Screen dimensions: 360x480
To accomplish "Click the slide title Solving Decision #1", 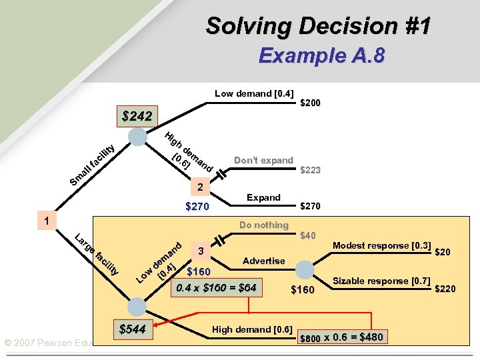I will pyautogui.click(x=318, y=26).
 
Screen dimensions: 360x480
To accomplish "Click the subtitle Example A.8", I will pyautogui.click(x=321, y=55).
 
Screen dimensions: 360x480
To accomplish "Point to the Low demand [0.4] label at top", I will pyautogui.click(x=254, y=93).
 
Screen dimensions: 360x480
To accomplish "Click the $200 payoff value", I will pyautogui.click(x=311, y=103).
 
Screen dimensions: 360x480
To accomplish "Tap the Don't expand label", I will pyautogui.click(x=263, y=160).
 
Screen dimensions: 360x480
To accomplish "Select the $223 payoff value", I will pyautogui.click(x=311, y=170).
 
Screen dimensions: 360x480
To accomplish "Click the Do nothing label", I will pyautogui.click(x=263, y=225).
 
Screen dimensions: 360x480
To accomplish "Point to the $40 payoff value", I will pyautogui.click(x=308, y=235).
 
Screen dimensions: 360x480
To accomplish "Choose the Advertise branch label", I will pyautogui.click(x=263, y=261).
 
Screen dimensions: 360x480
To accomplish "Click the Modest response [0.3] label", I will pyautogui.click(x=381, y=245).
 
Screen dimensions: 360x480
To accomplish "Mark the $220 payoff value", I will pyautogui.click(x=445, y=289).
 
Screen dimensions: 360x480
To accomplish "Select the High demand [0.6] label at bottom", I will pyautogui.click(x=252, y=329).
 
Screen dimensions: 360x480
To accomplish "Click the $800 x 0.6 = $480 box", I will pyautogui.click(x=342, y=337).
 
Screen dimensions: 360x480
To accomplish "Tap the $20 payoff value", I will pyautogui.click(x=442, y=252).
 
